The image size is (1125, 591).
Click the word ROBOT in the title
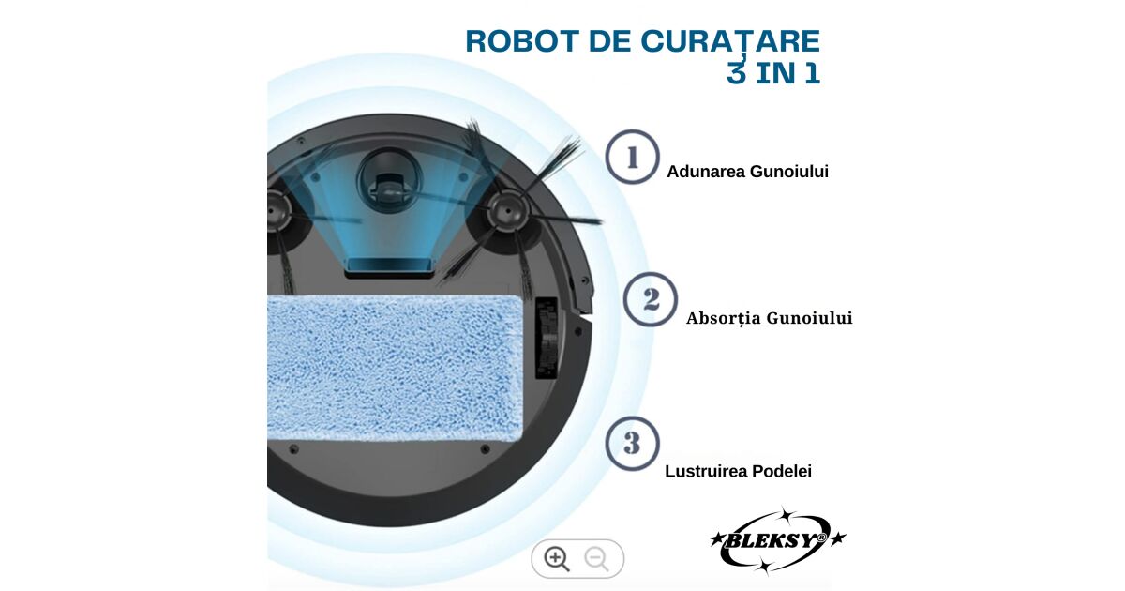(x=522, y=41)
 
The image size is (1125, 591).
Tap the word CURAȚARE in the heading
(x=730, y=41)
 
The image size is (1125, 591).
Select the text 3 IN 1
(x=773, y=73)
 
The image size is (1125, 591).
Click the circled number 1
(x=632, y=157)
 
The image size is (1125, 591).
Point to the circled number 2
(x=651, y=299)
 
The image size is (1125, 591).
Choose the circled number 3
(x=632, y=443)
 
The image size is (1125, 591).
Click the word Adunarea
(x=706, y=172)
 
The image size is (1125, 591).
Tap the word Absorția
(x=724, y=318)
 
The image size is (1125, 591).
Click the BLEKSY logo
(x=777, y=540)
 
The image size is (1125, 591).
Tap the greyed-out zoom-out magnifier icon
(x=596, y=559)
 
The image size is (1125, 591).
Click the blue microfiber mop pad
(x=396, y=368)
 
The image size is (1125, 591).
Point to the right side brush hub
(x=508, y=212)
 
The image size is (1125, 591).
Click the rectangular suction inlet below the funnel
(x=389, y=266)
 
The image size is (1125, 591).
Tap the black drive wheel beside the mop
(x=547, y=337)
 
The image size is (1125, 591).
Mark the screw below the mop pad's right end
(x=485, y=448)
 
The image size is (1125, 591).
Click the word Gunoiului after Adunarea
(x=789, y=172)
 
